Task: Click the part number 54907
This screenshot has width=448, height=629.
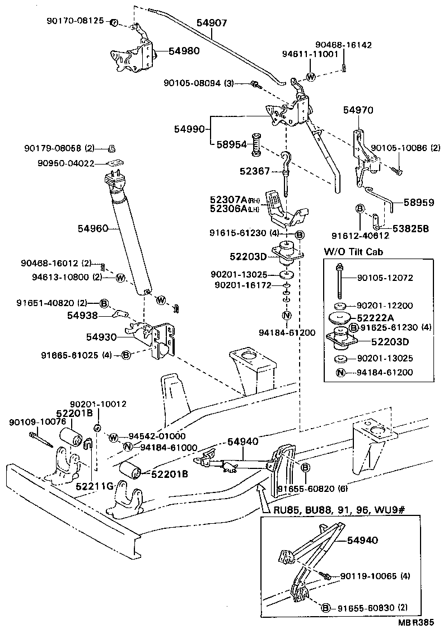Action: pyautogui.click(x=211, y=24)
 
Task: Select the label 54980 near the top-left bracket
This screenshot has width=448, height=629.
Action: pyautogui.click(x=169, y=51)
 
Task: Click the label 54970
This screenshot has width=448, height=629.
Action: pyautogui.click(x=358, y=111)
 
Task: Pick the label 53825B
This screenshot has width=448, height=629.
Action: pyautogui.click(x=411, y=229)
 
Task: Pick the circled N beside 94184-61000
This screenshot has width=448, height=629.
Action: pyautogui.click(x=128, y=447)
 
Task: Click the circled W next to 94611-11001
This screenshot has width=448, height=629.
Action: pyautogui.click(x=311, y=77)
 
